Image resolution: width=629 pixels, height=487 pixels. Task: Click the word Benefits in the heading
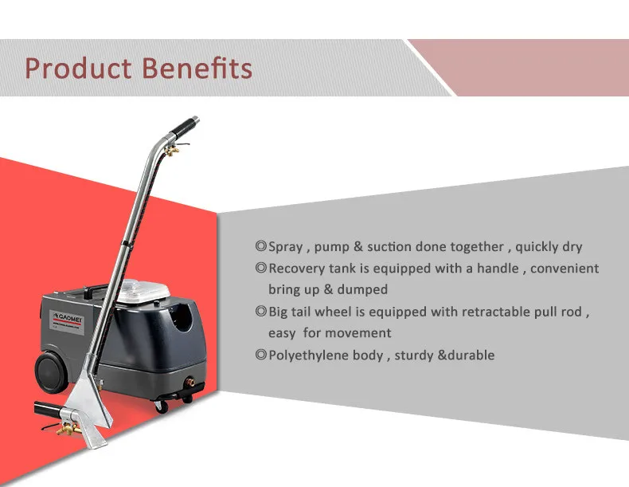196,68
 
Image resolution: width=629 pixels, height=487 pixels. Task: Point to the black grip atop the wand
186,125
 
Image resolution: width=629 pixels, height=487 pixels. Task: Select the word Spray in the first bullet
286,247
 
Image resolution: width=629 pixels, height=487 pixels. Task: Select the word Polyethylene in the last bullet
309,355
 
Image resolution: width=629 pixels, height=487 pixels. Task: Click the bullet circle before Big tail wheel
260,312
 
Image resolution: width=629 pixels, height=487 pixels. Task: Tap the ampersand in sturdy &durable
442,355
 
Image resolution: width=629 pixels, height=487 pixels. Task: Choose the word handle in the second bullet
497,269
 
